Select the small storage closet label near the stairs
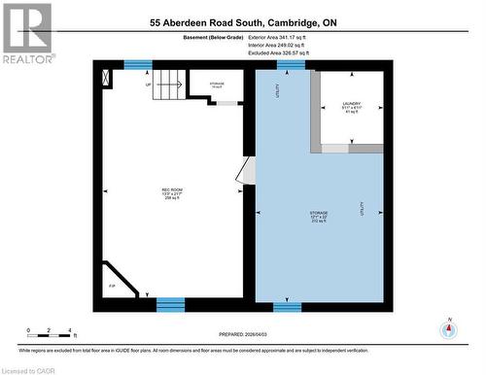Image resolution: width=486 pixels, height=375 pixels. (x=217, y=85)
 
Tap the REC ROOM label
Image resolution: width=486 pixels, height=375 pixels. (x=172, y=191)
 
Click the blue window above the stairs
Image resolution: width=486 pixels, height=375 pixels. (x=138, y=65)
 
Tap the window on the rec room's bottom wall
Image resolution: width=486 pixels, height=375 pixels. (x=170, y=305)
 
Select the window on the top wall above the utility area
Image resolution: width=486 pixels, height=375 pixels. (x=291, y=65)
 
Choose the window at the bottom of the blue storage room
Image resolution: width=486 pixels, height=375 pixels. (x=287, y=307)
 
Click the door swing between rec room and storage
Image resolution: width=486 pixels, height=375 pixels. (x=245, y=174)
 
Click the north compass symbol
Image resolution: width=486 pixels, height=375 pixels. (x=448, y=329)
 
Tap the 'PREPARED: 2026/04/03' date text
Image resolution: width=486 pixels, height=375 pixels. (x=241, y=328)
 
